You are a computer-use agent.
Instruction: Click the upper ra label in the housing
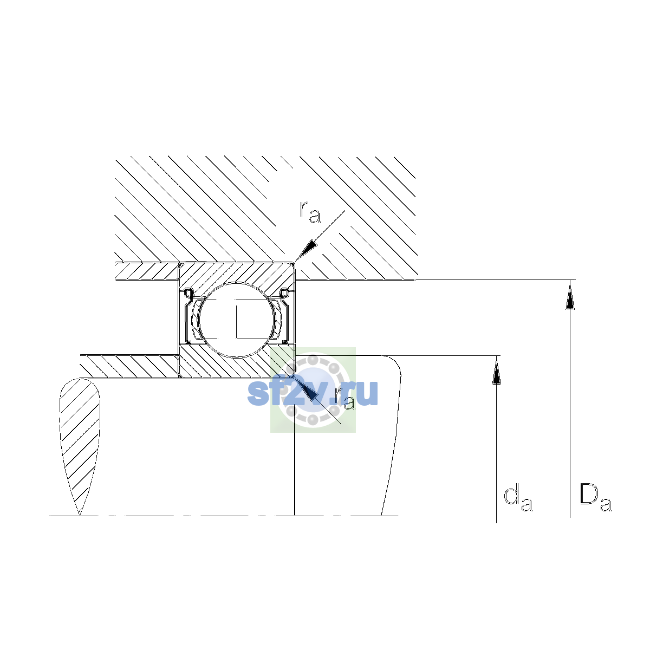[x=310, y=212]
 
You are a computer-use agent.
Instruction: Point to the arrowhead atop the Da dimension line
[x=570, y=296]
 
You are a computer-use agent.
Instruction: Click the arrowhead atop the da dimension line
[x=496, y=371]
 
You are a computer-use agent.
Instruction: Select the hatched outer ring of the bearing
[x=237, y=272]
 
